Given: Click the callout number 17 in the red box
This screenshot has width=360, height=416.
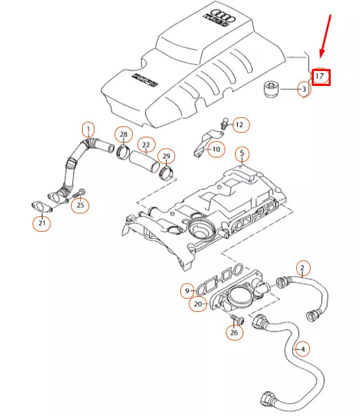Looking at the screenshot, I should pyautogui.click(x=320, y=77).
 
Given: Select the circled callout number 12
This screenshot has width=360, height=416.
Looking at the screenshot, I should pyautogui.click(x=239, y=124).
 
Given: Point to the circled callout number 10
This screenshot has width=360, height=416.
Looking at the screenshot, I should pyautogui.click(x=216, y=149).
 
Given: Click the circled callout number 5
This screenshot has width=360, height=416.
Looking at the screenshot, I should pyautogui.click(x=242, y=154).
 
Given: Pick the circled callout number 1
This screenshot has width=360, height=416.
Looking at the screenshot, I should pyautogui.click(x=87, y=129).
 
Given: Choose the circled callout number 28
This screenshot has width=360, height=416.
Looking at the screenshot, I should pyautogui.click(x=122, y=135).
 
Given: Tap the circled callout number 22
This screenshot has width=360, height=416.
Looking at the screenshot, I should pyautogui.click(x=146, y=144).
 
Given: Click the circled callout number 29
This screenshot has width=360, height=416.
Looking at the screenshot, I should pyautogui.click(x=167, y=156).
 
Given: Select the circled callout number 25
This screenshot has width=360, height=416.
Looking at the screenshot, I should pyautogui.click(x=81, y=206).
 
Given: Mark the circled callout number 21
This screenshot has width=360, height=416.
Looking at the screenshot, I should pyautogui.click(x=42, y=224).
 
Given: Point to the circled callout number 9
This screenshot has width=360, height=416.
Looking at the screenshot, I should pyautogui.click(x=187, y=290).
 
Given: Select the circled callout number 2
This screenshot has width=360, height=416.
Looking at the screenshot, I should pyautogui.click(x=302, y=267).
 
